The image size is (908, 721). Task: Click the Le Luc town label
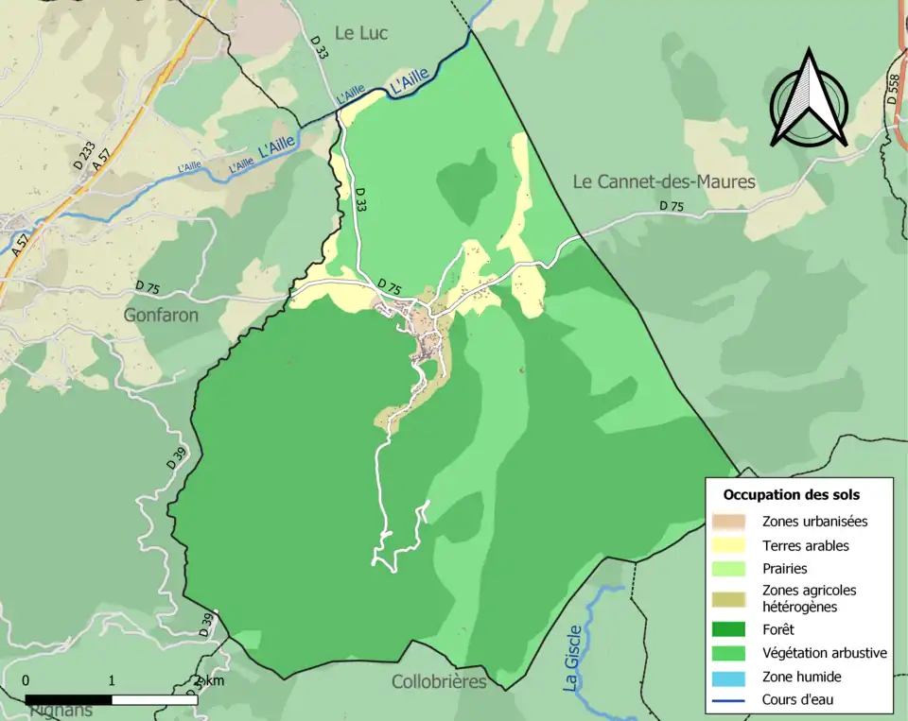pos(360,33)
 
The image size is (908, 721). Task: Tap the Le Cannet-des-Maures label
pos(664,180)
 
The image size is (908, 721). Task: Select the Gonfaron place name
pos(161,315)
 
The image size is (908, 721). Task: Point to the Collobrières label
pos(439,681)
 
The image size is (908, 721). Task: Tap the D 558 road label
pos(893,90)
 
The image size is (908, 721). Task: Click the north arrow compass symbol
pos(808,100)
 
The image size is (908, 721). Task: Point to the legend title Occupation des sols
pos(791,494)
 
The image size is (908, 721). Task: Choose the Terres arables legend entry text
pos(805,545)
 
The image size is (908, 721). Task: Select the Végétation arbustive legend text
pos(824,652)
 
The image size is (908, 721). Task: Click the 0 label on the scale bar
pos(26,680)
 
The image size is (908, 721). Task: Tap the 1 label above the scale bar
pos(112,680)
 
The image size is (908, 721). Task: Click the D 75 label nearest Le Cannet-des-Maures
pos(671,206)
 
